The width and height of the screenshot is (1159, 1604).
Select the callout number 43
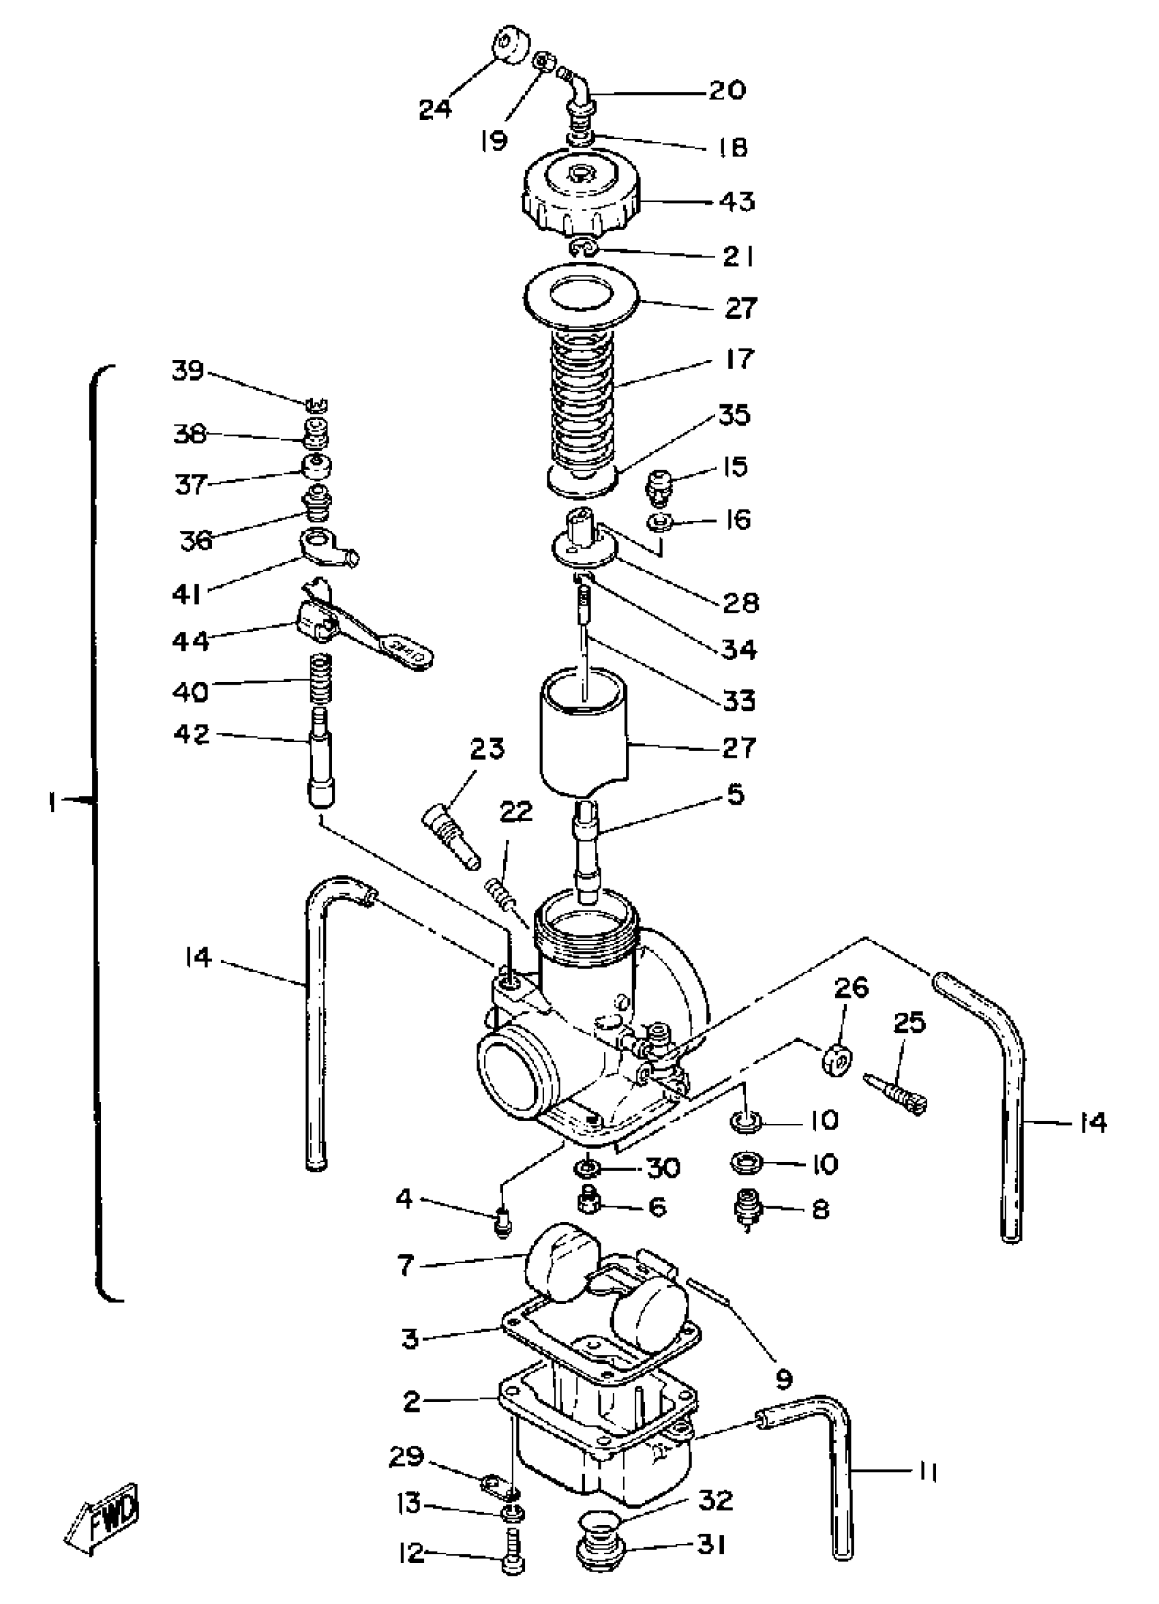click(x=737, y=202)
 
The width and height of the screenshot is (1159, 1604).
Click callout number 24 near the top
click(x=435, y=109)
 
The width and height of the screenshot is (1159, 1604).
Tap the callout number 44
click(x=191, y=641)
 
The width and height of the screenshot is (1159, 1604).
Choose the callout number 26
click(x=852, y=987)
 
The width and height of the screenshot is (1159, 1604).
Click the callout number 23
click(x=487, y=749)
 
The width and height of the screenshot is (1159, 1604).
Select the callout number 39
click(x=188, y=370)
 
